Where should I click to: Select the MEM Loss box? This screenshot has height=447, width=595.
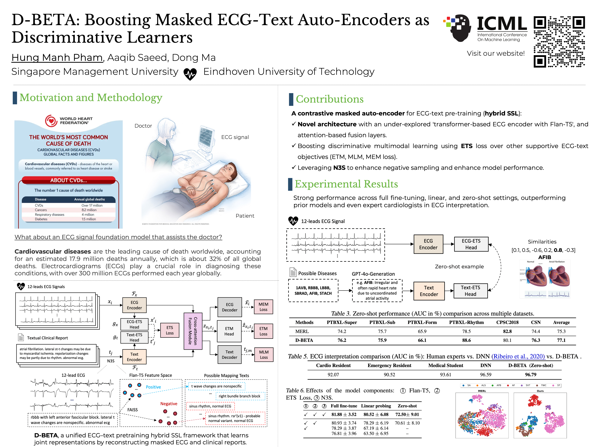click(263, 307)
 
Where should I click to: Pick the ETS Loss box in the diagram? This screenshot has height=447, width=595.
click(170, 330)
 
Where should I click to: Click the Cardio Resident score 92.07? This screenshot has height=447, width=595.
click(333, 375)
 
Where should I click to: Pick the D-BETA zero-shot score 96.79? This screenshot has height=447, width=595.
click(530, 375)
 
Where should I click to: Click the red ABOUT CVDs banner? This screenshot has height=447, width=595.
click(69, 180)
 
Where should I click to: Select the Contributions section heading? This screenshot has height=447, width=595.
click(330, 99)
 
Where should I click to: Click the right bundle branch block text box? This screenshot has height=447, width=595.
click(239, 396)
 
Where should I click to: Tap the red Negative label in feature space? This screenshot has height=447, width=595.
click(169, 404)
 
